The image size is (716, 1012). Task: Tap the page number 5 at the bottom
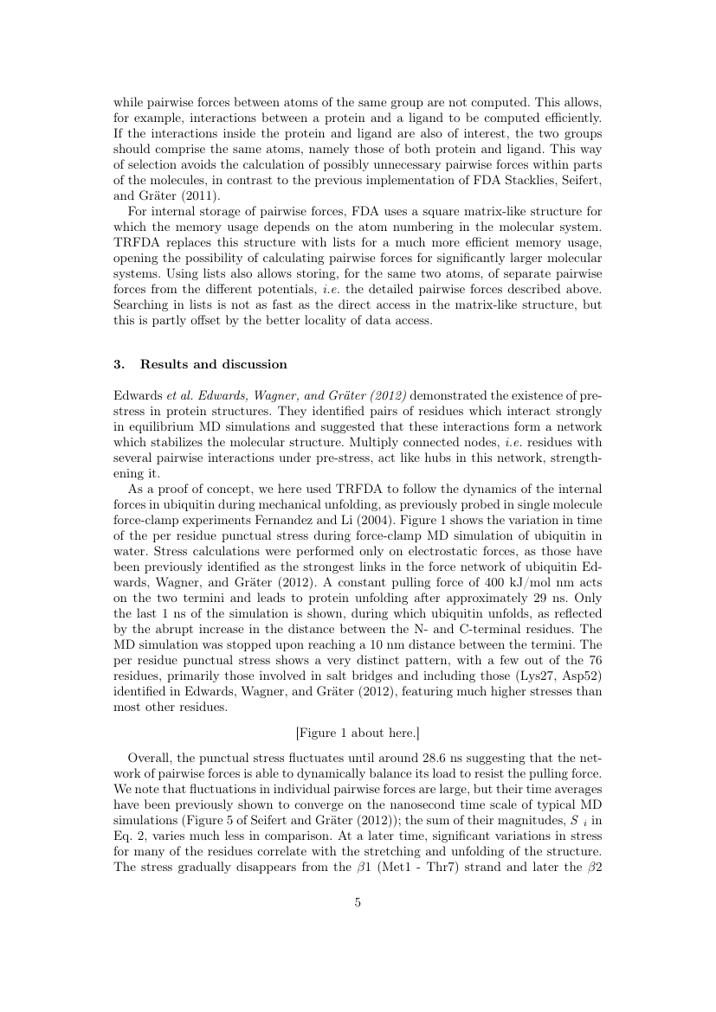click(x=358, y=903)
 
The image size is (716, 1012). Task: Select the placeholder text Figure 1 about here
click(x=358, y=733)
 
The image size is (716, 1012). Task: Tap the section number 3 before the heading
click(x=118, y=364)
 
